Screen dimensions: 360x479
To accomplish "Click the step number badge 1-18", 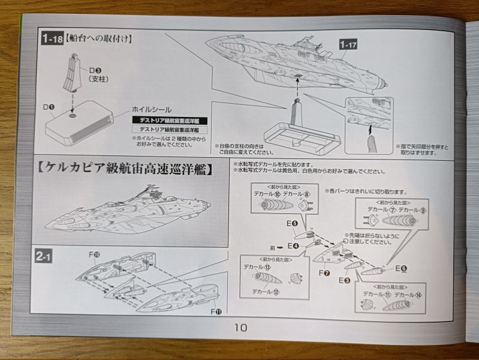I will [x=52, y=40].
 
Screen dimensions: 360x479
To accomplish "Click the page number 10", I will [x=240, y=328].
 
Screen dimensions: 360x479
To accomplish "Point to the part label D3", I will [x=95, y=70].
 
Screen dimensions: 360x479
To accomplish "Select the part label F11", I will [x=215, y=311].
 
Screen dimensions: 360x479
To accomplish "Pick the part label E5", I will [x=292, y=224].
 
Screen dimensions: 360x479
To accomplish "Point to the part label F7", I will [x=324, y=273].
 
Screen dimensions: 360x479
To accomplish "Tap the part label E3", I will [x=344, y=280].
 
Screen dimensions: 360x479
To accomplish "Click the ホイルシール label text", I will [x=152, y=110].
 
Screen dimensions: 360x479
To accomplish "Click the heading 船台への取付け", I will [x=100, y=40].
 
